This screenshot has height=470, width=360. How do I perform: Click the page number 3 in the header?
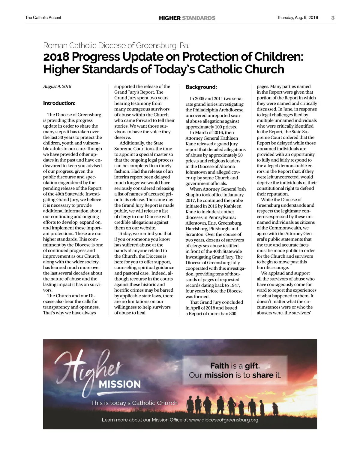click(x=333, y=18)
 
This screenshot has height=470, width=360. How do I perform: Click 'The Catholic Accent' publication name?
click(x=43, y=18)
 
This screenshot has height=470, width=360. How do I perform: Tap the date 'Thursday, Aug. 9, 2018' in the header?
click(x=297, y=18)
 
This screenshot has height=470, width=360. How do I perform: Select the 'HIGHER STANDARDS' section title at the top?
click(x=187, y=18)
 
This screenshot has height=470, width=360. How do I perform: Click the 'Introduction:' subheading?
click(x=59, y=103)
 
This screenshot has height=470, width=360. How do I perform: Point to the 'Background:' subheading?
click(x=201, y=87)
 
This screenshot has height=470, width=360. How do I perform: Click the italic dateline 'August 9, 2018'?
click(x=57, y=86)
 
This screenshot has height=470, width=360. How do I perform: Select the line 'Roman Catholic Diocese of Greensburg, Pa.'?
click(x=116, y=46)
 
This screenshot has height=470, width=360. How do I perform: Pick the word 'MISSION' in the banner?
click(x=120, y=384)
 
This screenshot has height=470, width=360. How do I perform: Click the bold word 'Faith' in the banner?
click(x=220, y=366)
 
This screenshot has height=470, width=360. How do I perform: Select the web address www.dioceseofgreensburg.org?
click(x=223, y=420)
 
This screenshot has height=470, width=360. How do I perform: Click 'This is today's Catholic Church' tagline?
click(x=134, y=403)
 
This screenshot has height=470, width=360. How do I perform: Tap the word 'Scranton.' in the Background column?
click(x=195, y=234)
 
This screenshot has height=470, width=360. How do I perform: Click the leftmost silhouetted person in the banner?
click(x=190, y=405)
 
